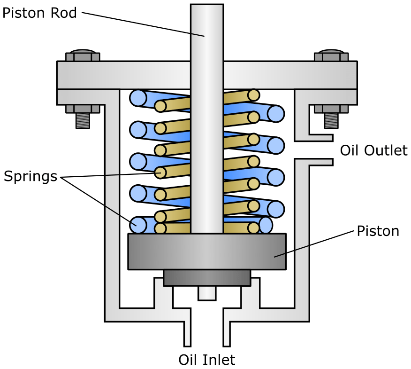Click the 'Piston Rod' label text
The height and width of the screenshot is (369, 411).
coord(39,13)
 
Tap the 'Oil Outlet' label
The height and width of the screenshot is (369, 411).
coord(374,150)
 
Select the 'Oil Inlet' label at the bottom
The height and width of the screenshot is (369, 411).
coord(207,360)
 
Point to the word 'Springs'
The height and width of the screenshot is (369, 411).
coord(30,176)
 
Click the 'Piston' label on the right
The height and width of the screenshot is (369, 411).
coord(378,231)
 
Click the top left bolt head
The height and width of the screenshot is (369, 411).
coord(83,55)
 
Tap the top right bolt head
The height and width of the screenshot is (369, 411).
coord(331,55)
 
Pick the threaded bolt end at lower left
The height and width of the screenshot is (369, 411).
coord(83,121)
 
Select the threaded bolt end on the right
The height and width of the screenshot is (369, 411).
coord(331,121)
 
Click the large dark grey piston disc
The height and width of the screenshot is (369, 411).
coord(207,251)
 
